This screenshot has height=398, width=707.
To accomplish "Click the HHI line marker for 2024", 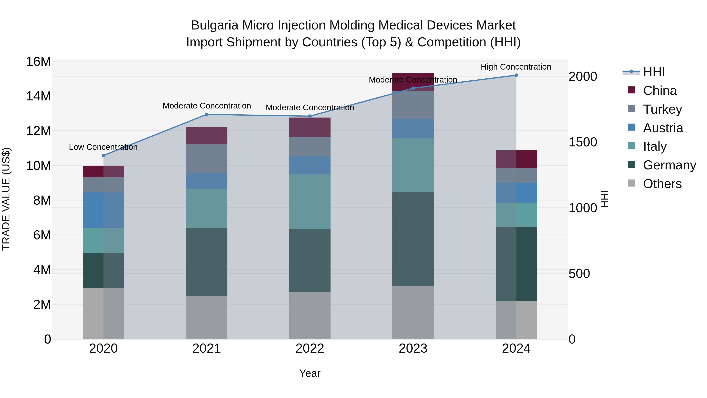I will tap(516, 75).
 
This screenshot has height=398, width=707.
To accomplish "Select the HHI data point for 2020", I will tap(103, 155).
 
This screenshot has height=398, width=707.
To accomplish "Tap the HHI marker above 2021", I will tap(207, 115).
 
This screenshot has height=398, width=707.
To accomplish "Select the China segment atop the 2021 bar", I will tap(207, 136).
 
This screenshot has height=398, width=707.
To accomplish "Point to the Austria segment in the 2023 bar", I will tap(413, 129).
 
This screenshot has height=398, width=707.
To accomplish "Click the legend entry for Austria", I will tap(663, 128).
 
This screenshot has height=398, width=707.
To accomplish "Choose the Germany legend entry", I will tap(669, 165).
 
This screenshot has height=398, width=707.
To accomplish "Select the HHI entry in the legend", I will tap(654, 72).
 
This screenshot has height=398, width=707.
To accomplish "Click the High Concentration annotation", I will tap(516, 67).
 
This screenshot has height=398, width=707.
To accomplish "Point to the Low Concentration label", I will tap(103, 147).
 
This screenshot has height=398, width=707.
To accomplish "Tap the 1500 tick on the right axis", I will tap(582, 142).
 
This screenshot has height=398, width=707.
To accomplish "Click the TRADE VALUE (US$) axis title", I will tap(6, 199).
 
